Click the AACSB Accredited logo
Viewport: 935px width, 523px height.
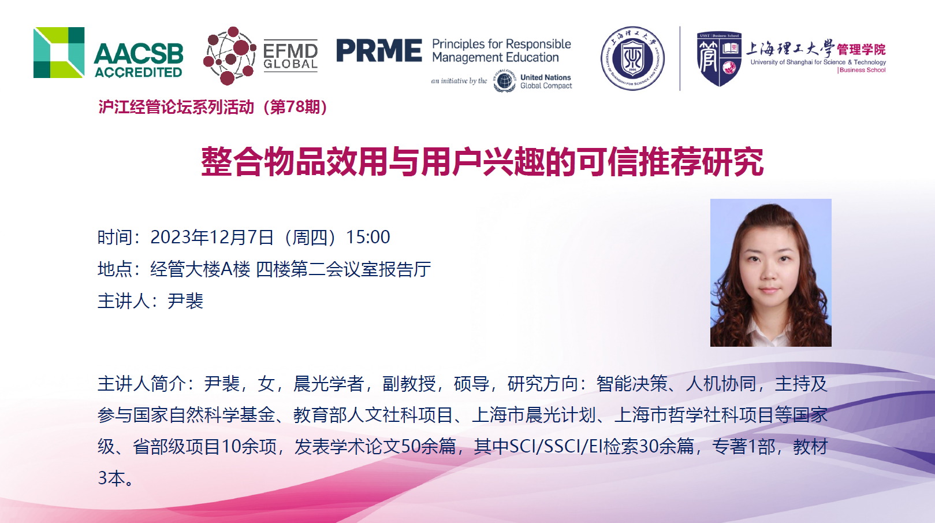pyautogui.click(x=108, y=53)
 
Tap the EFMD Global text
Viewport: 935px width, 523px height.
pyautogui.click(x=290, y=57)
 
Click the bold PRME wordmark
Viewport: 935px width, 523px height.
pyautogui.click(x=379, y=50)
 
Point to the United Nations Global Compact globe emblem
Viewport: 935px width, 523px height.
pyautogui.click(x=504, y=81)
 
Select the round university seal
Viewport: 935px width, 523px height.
pyautogui.click(x=632, y=58)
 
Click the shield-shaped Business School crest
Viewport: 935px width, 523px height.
pyautogui.click(x=719, y=58)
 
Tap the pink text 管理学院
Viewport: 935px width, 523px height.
pyautogui.click(x=861, y=50)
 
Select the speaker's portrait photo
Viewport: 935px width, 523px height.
pyautogui.click(x=770, y=273)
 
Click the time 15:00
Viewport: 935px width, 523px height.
pyautogui.click(x=368, y=238)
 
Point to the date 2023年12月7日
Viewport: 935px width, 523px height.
pyautogui.click(x=211, y=238)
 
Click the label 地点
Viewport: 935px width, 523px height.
pyautogui.click(x=115, y=269)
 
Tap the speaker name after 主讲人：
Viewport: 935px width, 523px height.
pyautogui.click(x=185, y=301)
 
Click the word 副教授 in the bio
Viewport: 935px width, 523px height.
pyautogui.click(x=409, y=384)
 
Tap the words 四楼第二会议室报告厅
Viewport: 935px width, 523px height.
pyautogui.click(x=343, y=269)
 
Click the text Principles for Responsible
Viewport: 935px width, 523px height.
pyautogui.click(x=501, y=44)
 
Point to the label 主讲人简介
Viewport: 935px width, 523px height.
pyautogui.click(x=141, y=384)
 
